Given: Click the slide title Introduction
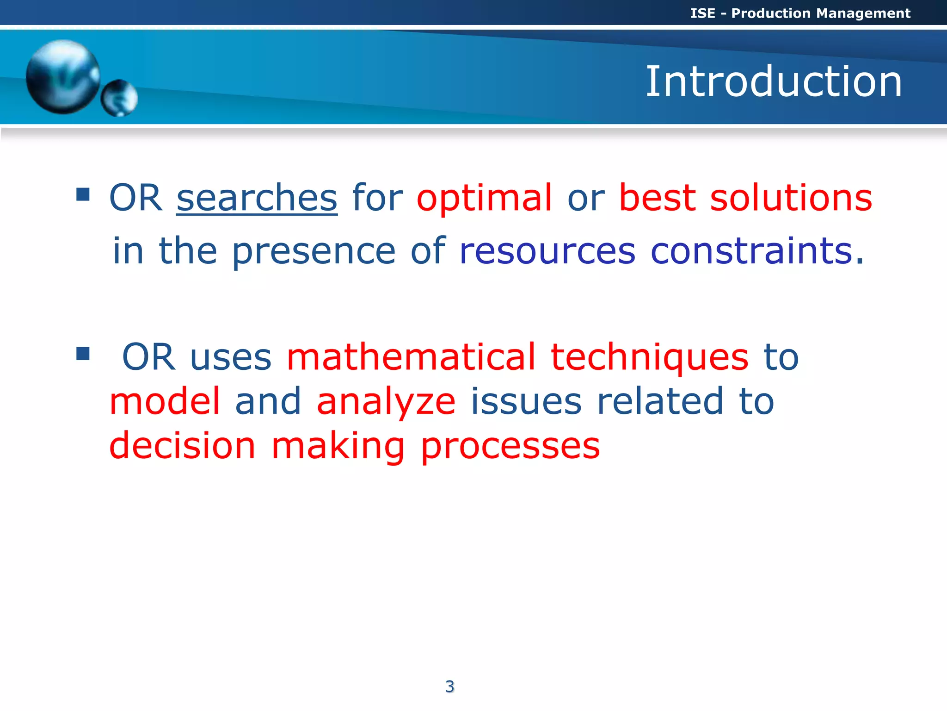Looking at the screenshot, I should point(773,81).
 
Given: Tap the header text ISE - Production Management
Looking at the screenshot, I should point(800,13).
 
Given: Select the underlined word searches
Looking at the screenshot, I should point(257,198).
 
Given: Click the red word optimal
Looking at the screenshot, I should point(484,198).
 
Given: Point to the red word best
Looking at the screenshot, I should point(657,198).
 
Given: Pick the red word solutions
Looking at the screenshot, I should point(791,198).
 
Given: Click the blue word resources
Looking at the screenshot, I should point(547,251).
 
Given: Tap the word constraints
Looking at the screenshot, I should point(751,251).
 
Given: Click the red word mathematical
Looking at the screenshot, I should point(411,357).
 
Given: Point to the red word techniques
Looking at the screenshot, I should point(649,357).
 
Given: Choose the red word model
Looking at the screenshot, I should point(165,401).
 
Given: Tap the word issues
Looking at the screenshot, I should point(526,401).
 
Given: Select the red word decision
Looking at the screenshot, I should point(182,445).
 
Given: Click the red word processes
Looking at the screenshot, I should point(510,446).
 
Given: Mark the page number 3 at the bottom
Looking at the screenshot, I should point(449,686).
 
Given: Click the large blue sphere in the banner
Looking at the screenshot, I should point(62,76).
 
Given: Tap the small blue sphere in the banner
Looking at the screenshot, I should point(119,98).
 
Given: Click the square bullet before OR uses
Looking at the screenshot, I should point(83,354).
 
